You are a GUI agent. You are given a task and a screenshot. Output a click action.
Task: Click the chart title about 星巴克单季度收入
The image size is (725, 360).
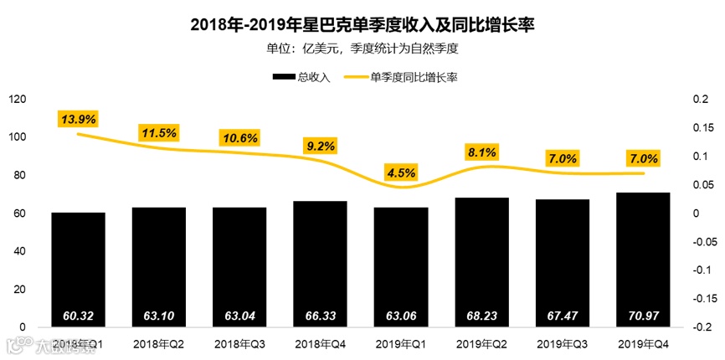coord(362,24)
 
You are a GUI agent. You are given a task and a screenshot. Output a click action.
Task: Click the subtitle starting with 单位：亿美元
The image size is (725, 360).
coord(362,49)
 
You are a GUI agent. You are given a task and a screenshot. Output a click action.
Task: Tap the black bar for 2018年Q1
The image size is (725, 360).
coord(78,268)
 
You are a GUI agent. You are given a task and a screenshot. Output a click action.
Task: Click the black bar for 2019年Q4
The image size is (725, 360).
coord(643,260)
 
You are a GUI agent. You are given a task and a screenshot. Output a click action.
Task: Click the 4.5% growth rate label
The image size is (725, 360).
coord(401,172)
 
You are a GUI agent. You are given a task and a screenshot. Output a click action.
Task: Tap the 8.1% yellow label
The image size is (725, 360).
coord(482,152)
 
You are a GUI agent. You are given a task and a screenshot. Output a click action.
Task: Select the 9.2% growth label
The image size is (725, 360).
coord(321,146)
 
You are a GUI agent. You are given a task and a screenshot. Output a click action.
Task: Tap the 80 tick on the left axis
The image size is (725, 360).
coord(19,176)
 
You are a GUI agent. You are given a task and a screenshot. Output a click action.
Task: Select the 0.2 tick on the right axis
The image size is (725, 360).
coord(701,100)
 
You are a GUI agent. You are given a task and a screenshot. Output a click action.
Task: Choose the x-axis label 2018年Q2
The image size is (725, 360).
coord(158,344)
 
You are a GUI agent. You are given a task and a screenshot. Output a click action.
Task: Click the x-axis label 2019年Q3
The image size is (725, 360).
coord(562,344)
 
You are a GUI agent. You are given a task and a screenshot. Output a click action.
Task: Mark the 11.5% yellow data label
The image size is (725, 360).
coord(158,132)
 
